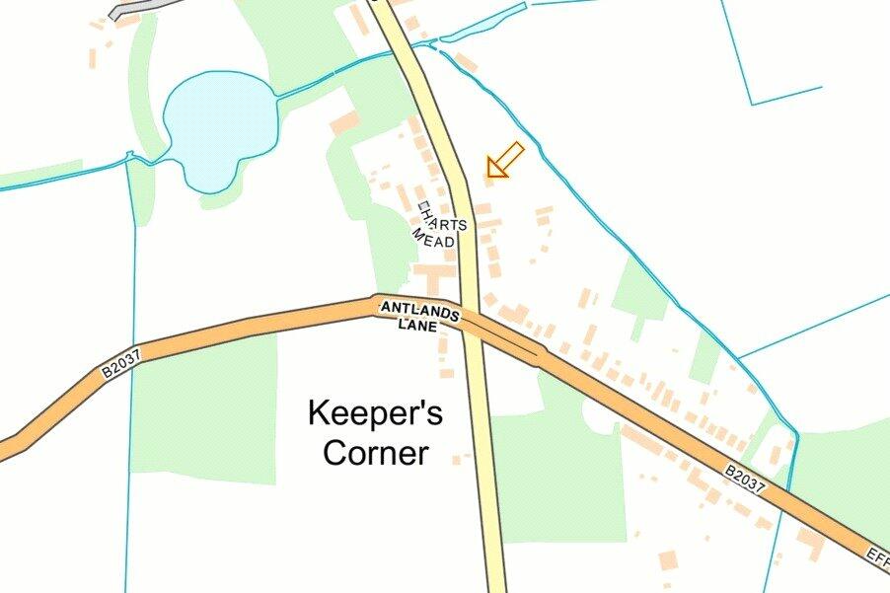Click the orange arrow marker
tap(505, 159)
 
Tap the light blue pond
tap(216, 123)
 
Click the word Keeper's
tap(375, 412)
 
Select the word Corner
tap(375, 453)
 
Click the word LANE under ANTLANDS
tap(417, 325)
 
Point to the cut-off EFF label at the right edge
tap(878, 555)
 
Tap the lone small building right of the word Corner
tap(457, 459)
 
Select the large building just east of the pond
tap(344, 123)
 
